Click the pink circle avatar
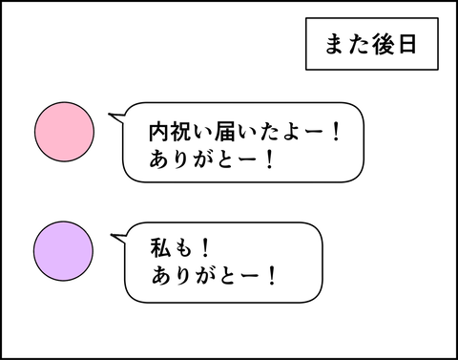pos(64,132)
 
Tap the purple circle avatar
pos(64,251)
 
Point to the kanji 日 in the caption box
pos(407,44)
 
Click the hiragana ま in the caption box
pos(335,44)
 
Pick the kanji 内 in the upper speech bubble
pos(159,132)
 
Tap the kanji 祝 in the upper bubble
pos(181,132)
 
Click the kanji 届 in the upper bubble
pos(225,132)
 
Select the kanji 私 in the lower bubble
pos(160,247)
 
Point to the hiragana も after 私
pos(182,248)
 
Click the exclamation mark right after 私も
pos(206,247)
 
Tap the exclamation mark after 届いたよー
pos(336,132)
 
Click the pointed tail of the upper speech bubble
pos(109,114)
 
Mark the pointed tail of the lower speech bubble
pos(111,235)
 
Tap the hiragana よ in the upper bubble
pos(290,132)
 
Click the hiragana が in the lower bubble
pos(204,275)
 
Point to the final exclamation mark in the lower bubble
pos(272,275)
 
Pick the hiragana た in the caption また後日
pos(359,44)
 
